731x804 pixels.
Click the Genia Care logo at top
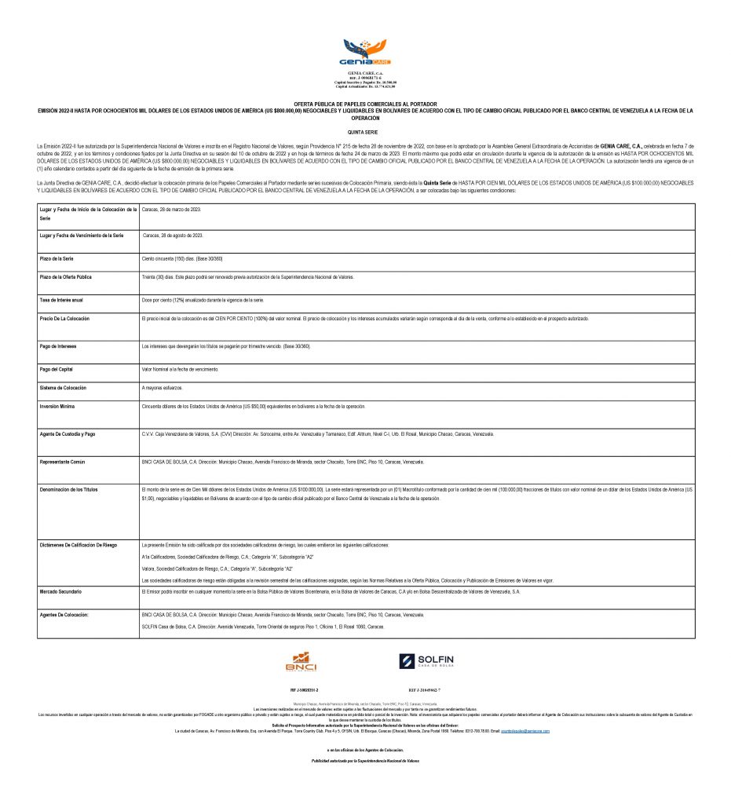point(365,53)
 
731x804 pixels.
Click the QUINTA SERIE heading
point(365,133)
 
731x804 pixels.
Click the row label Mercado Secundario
point(61,590)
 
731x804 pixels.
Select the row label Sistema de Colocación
point(68,388)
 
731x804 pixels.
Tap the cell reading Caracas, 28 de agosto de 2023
point(174,236)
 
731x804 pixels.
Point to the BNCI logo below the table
point(301,662)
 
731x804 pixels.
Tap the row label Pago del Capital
point(58,367)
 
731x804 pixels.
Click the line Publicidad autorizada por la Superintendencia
point(365,761)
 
